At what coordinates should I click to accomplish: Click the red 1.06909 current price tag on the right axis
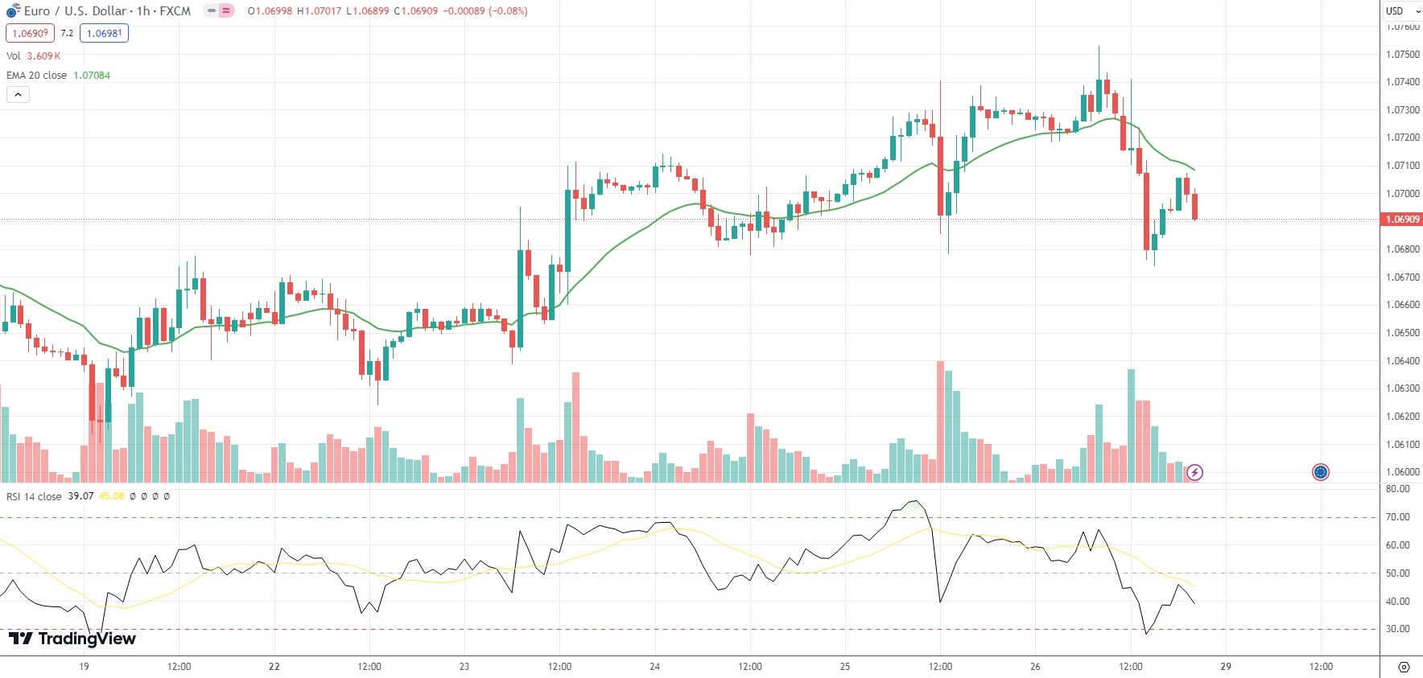(1401, 220)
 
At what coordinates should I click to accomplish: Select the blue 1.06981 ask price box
(104, 33)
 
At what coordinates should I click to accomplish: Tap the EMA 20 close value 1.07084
(92, 76)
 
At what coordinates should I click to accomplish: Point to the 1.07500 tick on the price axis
(1402, 55)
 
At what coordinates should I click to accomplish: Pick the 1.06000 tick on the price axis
(1402, 472)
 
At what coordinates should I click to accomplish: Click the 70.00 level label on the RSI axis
(1397, 517)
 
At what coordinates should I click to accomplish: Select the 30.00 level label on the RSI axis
(1397, 629)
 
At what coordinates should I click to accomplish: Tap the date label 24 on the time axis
(654, 667)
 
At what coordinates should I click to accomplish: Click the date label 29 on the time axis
(1225, 667)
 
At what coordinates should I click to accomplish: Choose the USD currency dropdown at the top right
(1401, 11)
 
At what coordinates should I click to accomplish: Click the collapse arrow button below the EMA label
(18, 95)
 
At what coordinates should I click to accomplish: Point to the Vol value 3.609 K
(43, 56)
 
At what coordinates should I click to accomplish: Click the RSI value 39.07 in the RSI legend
(80, 496)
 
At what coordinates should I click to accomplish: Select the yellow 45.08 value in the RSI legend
(111, 496)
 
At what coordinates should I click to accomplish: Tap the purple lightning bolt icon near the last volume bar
(1194, 472)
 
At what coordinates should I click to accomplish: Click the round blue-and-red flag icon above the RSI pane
(1320, 472)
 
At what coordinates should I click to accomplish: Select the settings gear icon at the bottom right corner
(1404, 667)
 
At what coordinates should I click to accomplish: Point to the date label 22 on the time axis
(274, 667)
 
